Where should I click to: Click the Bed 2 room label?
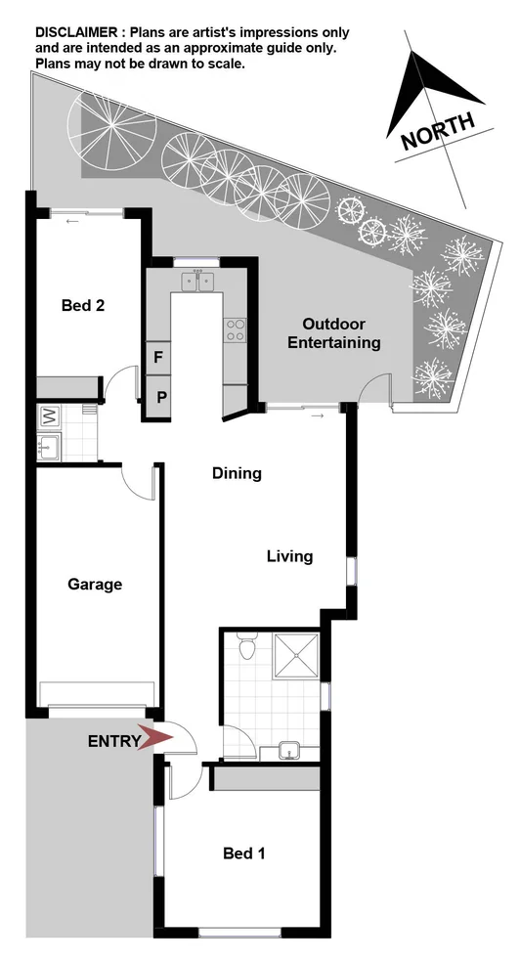pyautogui.click(x=83, y=305)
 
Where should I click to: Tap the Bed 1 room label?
pyautogui.click(x=244, y=853)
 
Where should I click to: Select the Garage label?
pyautogui.click(x=95, y=585)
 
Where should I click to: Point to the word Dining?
pyautogui.click(x=238, y=474)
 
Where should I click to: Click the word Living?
pyautogui.click(x=290, y=557)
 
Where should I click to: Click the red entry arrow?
pyautogui.click(x=156, y=740)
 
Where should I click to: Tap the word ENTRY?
pyautogui.click(x=113, y=741)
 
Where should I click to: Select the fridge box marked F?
pyautogui.click(x=157, y=357)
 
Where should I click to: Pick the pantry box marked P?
pyautogui.click(x=157, y=397)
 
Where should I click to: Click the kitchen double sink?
pyautogui.click(x=198, y=282)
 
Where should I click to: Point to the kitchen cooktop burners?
pyautogui.click(x=235, y=330)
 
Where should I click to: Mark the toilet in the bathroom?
pyautogui.click(x=246, y=647)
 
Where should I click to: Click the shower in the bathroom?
pyautogui.click(x=297, y=658)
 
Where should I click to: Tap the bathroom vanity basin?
pyautogui.click(x=289, y=751)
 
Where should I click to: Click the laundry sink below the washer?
pyautogui.click(x=48, y=450)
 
